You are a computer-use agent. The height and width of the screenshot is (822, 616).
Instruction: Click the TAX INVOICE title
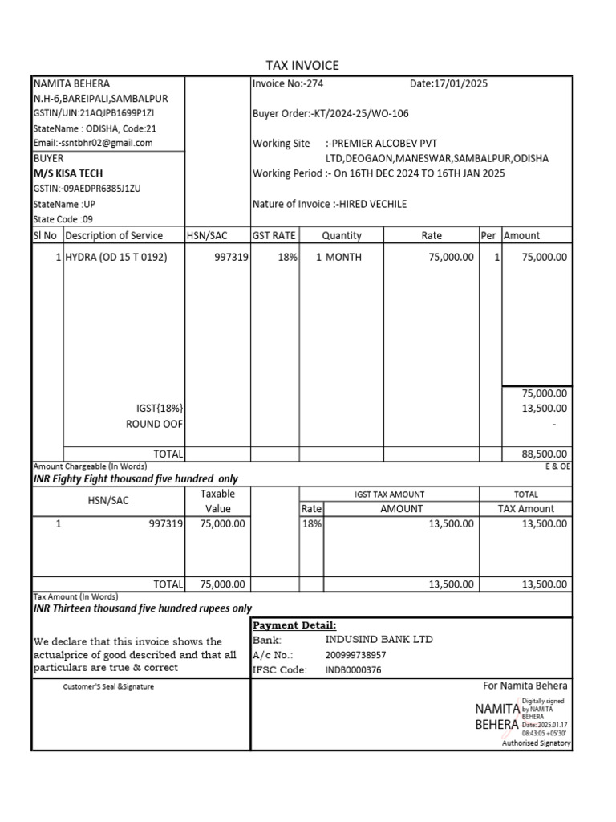[x=302, y=66]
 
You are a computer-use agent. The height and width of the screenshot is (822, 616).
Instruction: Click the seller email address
[x=93, y=143]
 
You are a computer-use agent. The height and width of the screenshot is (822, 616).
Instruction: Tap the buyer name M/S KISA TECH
[x=68, y=173]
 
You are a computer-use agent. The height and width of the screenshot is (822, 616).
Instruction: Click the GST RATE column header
[x=274, y=235]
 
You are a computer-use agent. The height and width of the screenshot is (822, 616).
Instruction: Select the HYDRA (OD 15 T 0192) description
[x=116, y=258]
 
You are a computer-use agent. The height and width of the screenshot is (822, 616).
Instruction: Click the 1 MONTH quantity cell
[x=338, y=258]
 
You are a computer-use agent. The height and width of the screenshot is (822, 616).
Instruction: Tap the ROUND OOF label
[x=154, y=424]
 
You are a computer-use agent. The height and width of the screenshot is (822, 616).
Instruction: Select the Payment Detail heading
[x=294, y=625]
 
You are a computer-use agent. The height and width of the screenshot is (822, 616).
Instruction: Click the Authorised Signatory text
[x=536, y=743]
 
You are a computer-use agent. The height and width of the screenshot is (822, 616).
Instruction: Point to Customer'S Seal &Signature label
[x=108, y=687]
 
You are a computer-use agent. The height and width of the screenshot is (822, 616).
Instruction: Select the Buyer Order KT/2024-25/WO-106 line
[x=330, y=113]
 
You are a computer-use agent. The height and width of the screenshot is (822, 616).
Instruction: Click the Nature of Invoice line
[x=329, y=204]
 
